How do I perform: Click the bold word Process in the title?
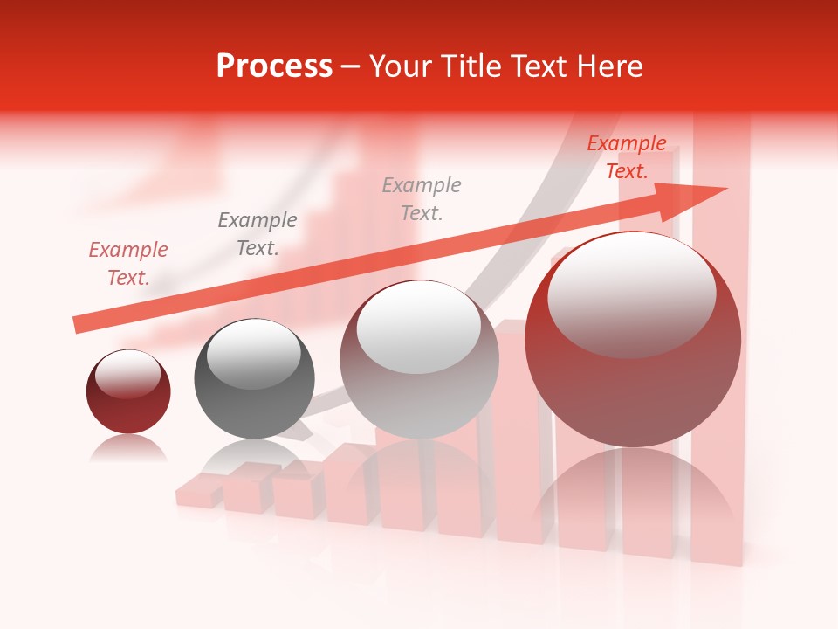click(274, 66)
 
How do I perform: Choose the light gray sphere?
click(419, 384)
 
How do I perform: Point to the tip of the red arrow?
click(725, 189)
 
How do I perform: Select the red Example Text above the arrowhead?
click(627, 157)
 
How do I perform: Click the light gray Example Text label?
click(422, 198)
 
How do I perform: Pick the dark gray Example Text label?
click(258, 233)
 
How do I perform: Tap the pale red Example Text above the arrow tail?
click(128, 263)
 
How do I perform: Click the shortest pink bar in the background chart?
click(199, 493)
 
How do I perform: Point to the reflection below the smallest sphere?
click(128, 449)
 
